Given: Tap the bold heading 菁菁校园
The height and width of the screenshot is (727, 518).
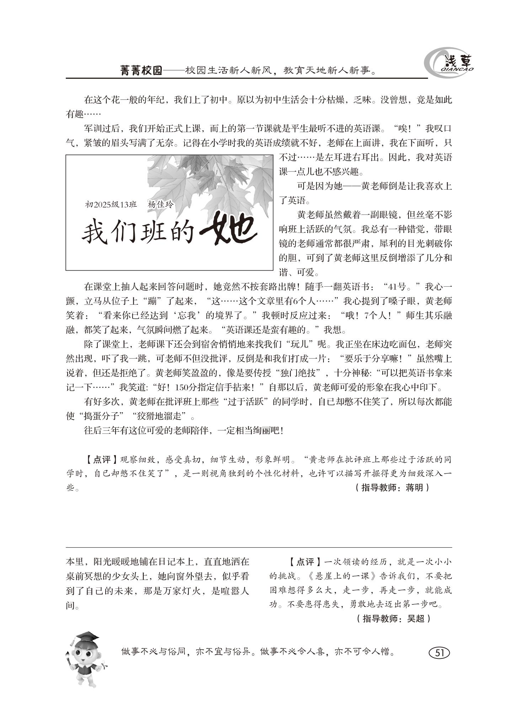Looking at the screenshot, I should coord(141,71).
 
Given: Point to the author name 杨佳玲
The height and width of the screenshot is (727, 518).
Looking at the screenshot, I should coord(160,205).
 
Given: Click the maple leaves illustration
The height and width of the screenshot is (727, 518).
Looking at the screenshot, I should coord(210,181).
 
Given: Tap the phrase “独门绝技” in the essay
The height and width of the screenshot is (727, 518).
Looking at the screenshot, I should coord(296,373).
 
